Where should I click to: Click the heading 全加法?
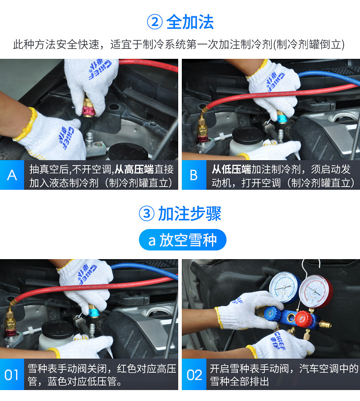click(x=190, y=22)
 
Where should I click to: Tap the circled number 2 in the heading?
click(x=154, y=22)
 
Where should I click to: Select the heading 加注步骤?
click(x=190, y=214)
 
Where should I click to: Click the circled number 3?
click(x=147, y=214)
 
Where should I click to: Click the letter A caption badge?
click(x=12, y=175)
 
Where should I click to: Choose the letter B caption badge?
click(x=194, y=175)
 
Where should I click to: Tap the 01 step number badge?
click(x=12, y=375)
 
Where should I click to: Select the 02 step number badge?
click(x=194, y=375)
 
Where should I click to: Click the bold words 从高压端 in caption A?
click(x=134, y=169)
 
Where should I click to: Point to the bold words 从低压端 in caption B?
click(x=231, y=169)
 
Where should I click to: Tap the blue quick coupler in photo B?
click(x=282, y=118)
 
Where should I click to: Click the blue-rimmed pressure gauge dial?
click(x=284, y=287)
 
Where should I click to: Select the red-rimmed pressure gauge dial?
click(x=315, y=291)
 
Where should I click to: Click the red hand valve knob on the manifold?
click(x=303, y=318)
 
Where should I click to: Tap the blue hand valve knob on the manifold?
click(x=273, y=313)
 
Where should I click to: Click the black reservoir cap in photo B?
click(x=248, y=135)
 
